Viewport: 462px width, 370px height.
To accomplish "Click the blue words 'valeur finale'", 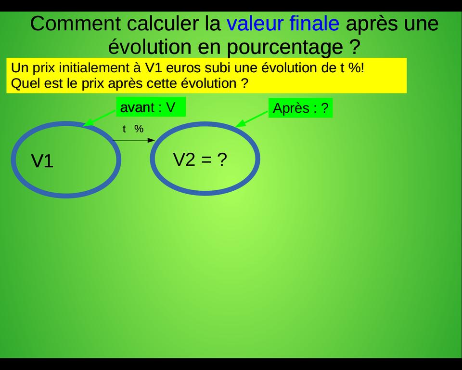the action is [283, 23].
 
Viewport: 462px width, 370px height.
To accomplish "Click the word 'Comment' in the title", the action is [76, 24].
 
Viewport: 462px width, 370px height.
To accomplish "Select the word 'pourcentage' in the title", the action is [285, 47].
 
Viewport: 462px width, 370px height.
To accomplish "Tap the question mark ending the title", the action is [356, 46].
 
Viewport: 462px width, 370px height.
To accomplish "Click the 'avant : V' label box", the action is [151, 107].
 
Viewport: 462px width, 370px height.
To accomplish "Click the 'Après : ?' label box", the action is [300, 108].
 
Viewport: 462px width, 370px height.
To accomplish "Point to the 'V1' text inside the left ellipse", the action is [42, 161].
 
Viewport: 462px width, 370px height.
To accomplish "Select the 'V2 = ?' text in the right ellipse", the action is [200, 159].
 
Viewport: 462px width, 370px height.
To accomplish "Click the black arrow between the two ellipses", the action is [133, 140].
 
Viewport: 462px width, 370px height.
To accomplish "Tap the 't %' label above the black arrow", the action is [133, 129].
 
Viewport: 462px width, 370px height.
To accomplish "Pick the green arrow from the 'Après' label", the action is [251, 119].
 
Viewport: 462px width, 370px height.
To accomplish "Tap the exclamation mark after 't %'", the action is [362, 68].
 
